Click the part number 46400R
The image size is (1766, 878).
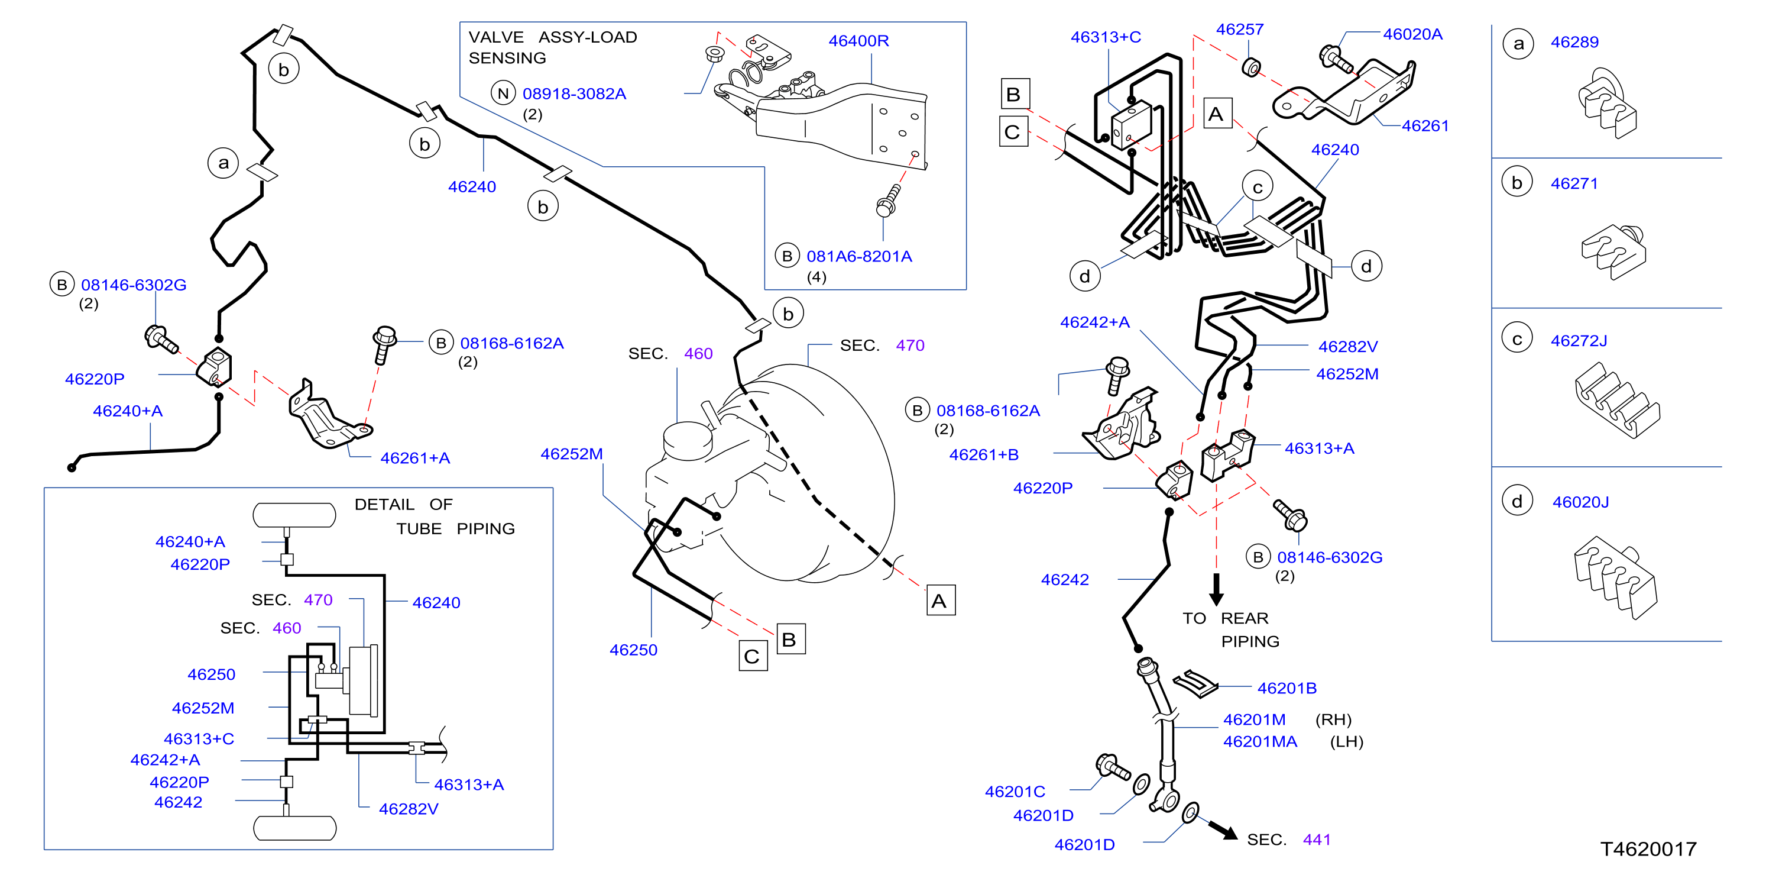858,41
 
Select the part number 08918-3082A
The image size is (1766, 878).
575,94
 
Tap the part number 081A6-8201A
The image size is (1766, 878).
859,257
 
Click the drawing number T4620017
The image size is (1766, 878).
1648,849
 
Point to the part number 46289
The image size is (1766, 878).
1574,43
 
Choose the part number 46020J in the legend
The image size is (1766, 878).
1580,502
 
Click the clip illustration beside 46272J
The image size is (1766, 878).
1616,400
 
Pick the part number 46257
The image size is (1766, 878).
1239,30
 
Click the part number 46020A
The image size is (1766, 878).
1412,34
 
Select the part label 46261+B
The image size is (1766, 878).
984,455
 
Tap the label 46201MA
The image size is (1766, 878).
1260,741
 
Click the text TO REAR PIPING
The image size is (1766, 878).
1230,630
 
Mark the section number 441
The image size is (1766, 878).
1316,840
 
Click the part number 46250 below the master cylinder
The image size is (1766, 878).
633,650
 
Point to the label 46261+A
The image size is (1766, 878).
415,458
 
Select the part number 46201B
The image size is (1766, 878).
1287,688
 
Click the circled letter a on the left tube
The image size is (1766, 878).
223,163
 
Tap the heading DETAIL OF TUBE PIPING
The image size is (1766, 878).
435,517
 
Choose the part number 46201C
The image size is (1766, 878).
1015,792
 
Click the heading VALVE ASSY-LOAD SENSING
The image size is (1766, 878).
553,47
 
